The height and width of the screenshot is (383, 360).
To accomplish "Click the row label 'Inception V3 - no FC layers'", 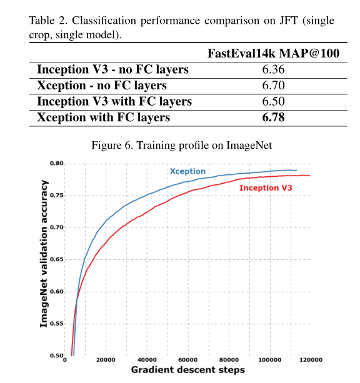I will (x=112, y=69).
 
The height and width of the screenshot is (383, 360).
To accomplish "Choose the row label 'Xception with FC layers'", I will (x=104, y=117).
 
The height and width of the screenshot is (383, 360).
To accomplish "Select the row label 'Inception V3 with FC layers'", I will (x=114, y=101).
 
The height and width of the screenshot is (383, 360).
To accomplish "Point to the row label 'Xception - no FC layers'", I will (x=102, y=85).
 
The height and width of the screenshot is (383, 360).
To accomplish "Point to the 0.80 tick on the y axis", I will (x=56, y=164).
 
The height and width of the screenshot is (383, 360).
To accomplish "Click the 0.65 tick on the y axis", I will (x=56, y=259).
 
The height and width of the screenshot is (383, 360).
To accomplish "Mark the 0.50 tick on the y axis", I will (x=56, y=356).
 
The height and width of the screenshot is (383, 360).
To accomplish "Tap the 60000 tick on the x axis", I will (x=188, y=361).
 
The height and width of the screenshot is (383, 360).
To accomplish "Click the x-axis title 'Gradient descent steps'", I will (x=187, y=371).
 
